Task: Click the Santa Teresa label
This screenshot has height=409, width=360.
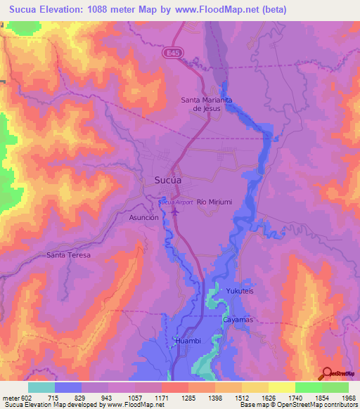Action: click(68, 255)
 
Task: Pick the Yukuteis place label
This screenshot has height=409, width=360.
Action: click(238, 290)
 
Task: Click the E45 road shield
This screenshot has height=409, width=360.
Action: click(174, 52)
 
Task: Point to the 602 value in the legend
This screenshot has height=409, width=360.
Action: click(27, 398)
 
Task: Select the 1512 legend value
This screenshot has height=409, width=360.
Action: click(242, 398)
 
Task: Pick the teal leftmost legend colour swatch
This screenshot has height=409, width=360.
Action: click(41, 387)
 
